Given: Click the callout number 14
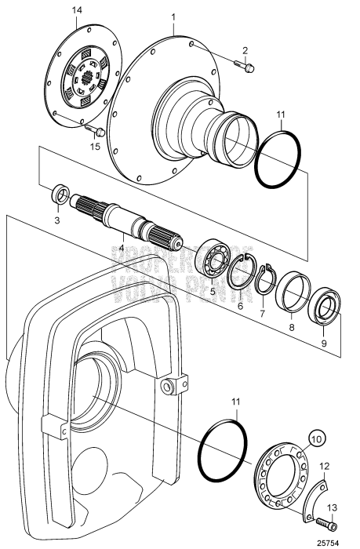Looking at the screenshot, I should point(77,9).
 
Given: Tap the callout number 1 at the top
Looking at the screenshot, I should point(174,15).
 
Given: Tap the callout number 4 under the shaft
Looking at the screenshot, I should point(122,248).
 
